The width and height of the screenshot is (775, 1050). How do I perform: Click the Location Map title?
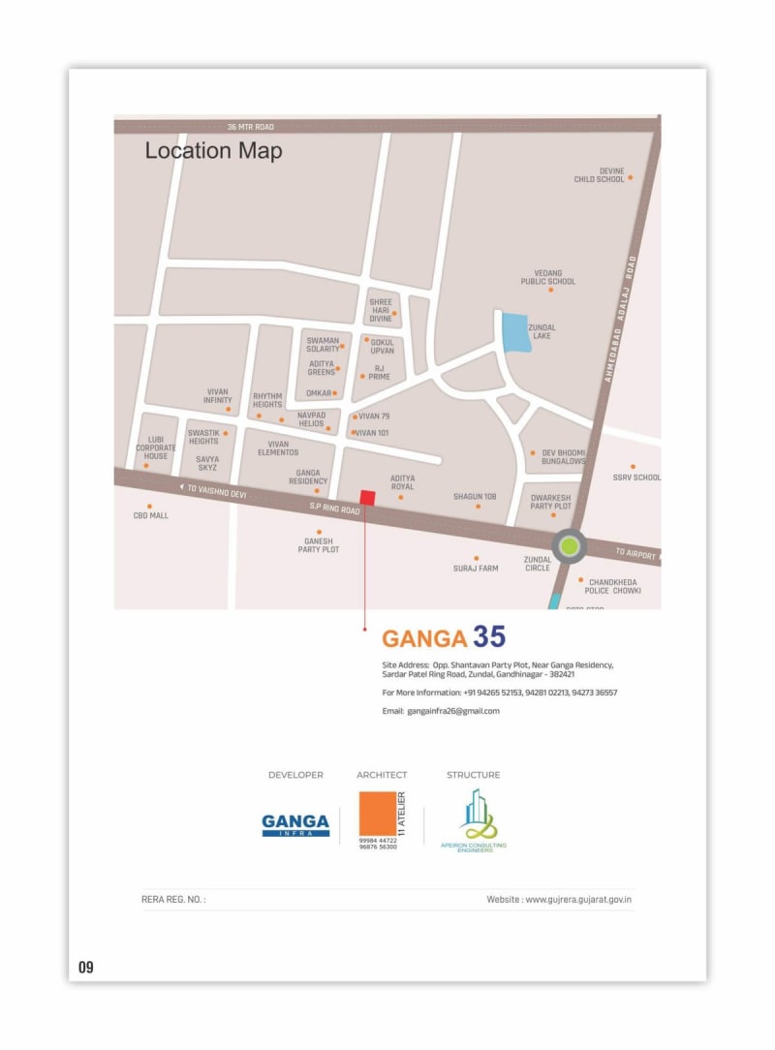[213, 151]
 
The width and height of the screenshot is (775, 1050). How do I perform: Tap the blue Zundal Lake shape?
[514, 333]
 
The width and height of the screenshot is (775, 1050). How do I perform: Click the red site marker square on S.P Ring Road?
[367, 498]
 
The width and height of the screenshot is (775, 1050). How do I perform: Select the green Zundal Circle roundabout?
[569, 546]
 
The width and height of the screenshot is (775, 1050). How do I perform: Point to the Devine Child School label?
[599, 175]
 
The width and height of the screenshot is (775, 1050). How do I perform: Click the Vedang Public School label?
[548, 278]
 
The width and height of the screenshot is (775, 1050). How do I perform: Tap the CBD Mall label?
[150, 515]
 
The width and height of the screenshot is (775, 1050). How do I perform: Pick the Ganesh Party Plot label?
[319, 545]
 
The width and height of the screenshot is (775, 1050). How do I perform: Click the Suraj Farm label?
[476, 568]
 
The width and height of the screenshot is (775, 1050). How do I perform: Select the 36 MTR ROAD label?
[251, 127]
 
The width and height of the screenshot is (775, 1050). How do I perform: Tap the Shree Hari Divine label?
[381, 310]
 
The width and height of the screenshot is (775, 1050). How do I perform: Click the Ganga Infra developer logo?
[295, 825]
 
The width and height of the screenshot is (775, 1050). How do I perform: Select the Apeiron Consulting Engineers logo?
[474, 819]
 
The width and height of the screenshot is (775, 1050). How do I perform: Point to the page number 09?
[86, 968]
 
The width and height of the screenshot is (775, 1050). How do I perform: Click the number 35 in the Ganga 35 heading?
[489, 637]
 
